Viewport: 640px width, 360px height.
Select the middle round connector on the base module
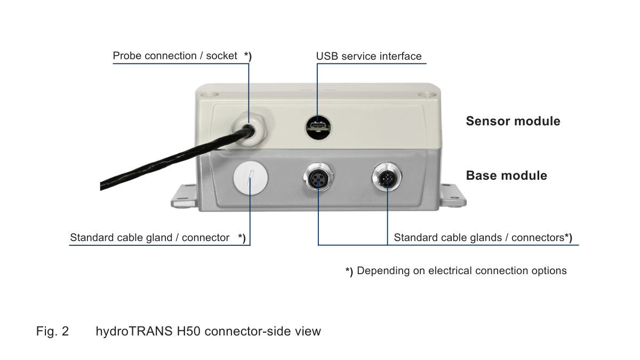318,180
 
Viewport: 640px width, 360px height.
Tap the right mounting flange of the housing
455,196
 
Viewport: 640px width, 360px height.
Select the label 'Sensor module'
513,121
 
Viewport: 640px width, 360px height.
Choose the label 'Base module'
506,175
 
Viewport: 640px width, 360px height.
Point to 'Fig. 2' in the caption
52,331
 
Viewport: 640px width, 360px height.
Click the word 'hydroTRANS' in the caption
134,331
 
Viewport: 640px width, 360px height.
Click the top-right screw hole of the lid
426,94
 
